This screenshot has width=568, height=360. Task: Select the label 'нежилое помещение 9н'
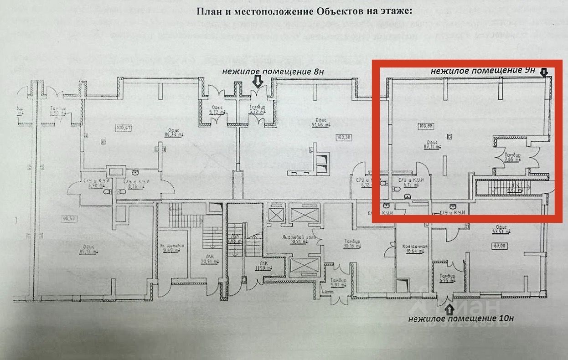(x=483, y=71)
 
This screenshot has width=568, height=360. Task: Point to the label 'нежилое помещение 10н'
(x=461, y=319)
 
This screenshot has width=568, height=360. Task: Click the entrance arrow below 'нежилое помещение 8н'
(x=258, y=82)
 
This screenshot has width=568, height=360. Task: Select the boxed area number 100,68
(x=424, y=125)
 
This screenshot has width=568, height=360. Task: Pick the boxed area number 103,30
(x=345, y=136)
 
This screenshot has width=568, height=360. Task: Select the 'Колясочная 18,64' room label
(x=414, y=249)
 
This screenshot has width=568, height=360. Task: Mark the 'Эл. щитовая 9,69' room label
(x=172, y=247)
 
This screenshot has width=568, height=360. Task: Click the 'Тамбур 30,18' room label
(x=352, y=244)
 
